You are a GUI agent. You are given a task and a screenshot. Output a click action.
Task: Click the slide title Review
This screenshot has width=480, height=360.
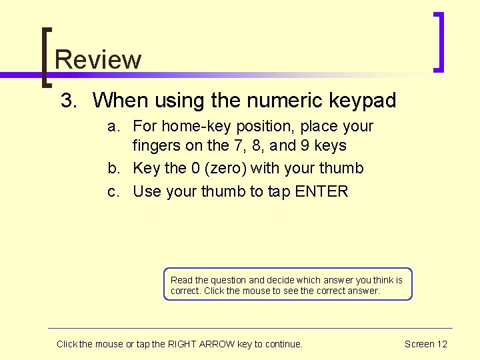98,59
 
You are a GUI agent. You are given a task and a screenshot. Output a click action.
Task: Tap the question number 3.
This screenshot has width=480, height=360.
69,101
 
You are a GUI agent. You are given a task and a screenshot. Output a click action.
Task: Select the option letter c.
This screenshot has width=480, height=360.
114,191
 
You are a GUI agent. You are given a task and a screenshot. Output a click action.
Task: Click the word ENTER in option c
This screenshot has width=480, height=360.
321,191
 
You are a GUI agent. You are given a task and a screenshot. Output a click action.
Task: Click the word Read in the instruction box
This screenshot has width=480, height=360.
181,280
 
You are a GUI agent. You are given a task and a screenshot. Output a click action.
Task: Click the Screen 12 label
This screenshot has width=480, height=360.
425,344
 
